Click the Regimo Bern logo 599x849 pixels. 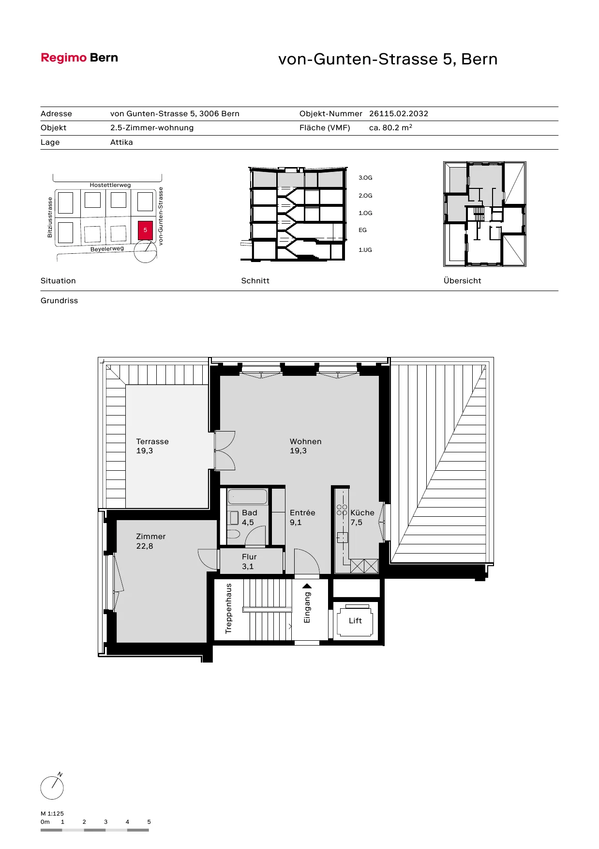pyautogui.click(x=79, y=58)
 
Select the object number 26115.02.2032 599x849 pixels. pyautogui.click(x=399, y=114)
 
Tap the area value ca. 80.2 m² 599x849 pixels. pyautogui.click(x=390, y=128)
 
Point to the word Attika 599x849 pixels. pyautogui.click(x=121, y=142)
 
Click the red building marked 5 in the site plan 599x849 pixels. pyautogui.click(x=145, y=230)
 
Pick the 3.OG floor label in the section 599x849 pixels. pyautogui.click(x=365, y=178)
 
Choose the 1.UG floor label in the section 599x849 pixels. pyautogui.click(x=365, y=250)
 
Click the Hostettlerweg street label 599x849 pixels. pyautogui.click(x=110, y=185)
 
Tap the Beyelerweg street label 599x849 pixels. pyautogui.click(x=107, y=249)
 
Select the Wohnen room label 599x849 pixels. pyautogui.click(x=305, y=442)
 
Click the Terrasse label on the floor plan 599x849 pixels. pyautogui.click(x=152, y=442)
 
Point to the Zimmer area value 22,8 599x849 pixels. pyautogui.click(x=145, y=546)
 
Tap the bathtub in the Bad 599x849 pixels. pyautogui.click(x=247, y=497)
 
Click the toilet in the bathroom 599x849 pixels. pyautogui.click(x=234, y=534)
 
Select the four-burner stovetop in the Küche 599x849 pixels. pyautogui.click(x=342, y=510)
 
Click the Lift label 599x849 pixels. pyautogui.click(x=355, y=621)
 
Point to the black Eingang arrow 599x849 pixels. pyautogui.click(x=307, y=586)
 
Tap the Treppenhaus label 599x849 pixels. pyautogui.click(x=229, y=608)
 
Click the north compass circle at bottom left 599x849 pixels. pyautogui.click(x=52, y=787)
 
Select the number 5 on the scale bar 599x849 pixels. pyautogui.click(x=149, y=822)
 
